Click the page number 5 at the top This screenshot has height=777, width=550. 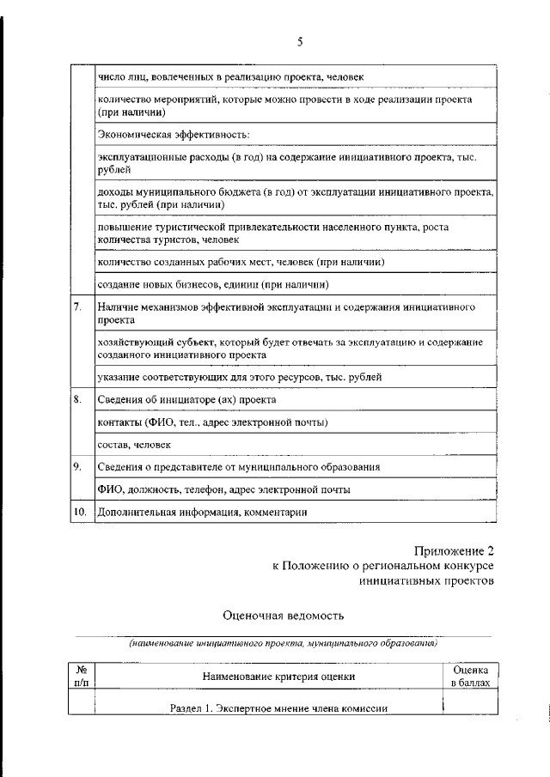[300, 41]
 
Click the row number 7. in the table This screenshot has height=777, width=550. [77, 307]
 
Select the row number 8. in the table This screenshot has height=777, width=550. [77, 399]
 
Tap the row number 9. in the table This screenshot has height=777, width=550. [77, 466]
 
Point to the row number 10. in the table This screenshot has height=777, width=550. [79, 512]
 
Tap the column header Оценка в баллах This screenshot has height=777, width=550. [470, 677]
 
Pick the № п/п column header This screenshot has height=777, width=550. [82, 677]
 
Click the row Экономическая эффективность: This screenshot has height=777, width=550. [173, 135]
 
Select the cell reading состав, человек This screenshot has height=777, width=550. [134, 445]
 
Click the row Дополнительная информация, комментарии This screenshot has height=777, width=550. [202, 512]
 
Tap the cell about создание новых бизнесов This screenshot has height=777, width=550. [214, 284]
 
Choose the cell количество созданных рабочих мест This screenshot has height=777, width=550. [241, 262]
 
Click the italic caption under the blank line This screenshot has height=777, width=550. [283, 642]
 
